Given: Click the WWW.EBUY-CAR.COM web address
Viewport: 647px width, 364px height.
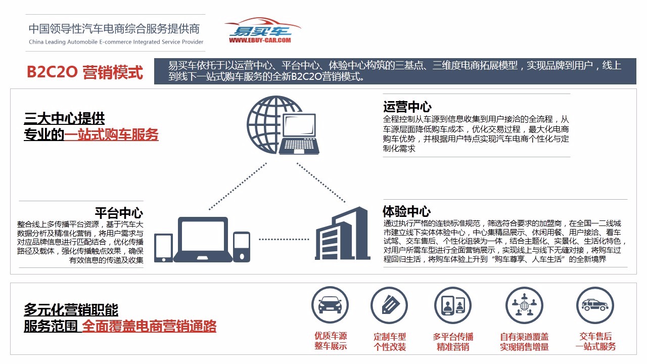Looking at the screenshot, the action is click(260, 40).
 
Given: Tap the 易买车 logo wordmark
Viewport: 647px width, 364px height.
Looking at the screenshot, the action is click(260, 31).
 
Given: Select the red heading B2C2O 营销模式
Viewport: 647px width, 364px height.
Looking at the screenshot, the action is click(84, 72).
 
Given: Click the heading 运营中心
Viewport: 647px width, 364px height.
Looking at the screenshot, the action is click(407, 107).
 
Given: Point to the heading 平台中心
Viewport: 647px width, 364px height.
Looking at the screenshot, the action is click(119, 213).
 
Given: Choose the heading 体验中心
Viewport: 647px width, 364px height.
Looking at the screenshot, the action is click(407, 211).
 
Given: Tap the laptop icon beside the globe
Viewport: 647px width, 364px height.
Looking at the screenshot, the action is click(299, 134).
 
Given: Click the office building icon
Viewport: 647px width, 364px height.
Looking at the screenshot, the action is click(343, 233).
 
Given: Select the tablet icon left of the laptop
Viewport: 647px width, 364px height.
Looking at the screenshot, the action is click(163, 248).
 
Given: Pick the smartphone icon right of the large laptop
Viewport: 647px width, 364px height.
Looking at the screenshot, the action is click(242, 247).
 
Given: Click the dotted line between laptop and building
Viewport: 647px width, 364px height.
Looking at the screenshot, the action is click(284, 239).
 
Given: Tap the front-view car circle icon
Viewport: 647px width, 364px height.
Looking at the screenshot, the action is click(330, 305).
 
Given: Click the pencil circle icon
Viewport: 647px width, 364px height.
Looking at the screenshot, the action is click(389, 305).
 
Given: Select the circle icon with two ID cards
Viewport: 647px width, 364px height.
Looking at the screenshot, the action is click(453, 305).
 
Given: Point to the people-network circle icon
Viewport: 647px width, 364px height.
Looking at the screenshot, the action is click(524, 305).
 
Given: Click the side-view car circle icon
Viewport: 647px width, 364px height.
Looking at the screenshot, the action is click(595, 305).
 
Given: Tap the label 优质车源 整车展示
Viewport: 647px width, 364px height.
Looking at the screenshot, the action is click(331, 341).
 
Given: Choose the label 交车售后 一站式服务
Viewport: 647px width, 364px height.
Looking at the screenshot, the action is click(595, 341).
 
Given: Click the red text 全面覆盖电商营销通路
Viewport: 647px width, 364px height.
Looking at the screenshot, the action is click(149, 326).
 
